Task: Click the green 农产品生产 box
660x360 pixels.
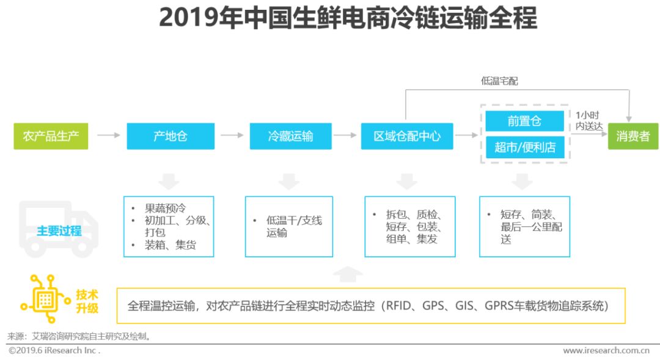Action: [51, 136]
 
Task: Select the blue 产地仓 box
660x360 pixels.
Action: [170, 136]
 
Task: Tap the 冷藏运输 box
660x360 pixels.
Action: [290, 136]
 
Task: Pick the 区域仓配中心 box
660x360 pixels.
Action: [407, 136]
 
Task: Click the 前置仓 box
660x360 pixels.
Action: [524, 121]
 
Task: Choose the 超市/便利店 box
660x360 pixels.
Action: [524, 147]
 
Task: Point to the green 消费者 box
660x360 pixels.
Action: [632, 136]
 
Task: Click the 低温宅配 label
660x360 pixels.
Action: [499, 81]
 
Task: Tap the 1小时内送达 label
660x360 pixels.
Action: [589, 120]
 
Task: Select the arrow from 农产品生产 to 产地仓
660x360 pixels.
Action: [108, 135]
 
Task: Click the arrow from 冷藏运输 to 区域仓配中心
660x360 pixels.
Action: [346, 135]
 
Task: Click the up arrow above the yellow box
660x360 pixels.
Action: [346, 274]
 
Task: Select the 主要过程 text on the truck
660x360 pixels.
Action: [59, 231]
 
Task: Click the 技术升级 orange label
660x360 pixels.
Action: [87, 301]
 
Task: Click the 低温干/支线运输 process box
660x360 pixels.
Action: [289, 226]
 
